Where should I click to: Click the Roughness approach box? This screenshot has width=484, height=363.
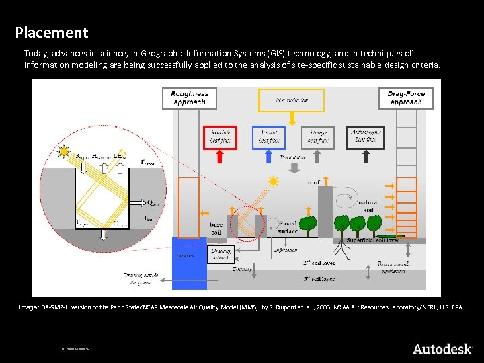(190, 98)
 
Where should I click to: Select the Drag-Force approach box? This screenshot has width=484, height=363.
(406, 98)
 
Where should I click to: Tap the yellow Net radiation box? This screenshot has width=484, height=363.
(292, 100)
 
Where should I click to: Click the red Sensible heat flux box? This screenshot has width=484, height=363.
(220, 136)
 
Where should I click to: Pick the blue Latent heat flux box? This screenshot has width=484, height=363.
(269, 136)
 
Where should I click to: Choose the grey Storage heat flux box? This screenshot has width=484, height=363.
(317, 136)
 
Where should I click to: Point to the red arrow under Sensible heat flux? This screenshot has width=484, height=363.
(220, 157)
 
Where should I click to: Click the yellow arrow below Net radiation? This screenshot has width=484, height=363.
(292, 118)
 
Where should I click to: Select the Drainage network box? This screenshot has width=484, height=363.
(222, 254)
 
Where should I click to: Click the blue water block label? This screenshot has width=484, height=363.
(186, 256)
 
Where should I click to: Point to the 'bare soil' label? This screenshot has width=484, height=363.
(216, 229)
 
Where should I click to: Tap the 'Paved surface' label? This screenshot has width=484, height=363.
(288, 227)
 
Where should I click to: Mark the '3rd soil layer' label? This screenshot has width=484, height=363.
(319, 278)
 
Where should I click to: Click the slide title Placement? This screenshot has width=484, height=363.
(52, 32)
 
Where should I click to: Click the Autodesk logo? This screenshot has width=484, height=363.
(442, 348)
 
